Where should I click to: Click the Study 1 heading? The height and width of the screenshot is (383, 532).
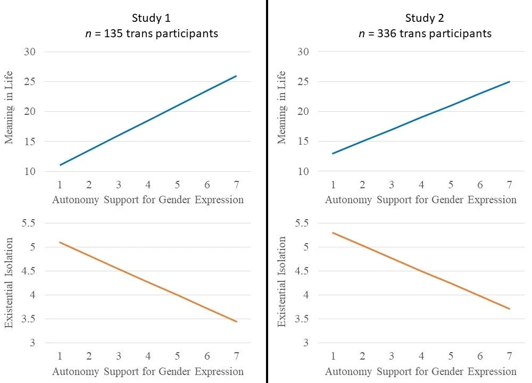coord(148,18)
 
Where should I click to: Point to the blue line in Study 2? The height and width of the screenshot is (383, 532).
coord(421,116)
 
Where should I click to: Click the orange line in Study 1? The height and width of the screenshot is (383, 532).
coord(148,281)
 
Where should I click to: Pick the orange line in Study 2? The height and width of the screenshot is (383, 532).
coord(421,271)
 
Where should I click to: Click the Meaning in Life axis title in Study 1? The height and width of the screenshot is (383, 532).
coord(10,108)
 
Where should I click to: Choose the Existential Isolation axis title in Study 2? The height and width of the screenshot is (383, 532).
coord(282,281)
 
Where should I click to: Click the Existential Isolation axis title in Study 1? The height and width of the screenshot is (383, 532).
coord(10,281)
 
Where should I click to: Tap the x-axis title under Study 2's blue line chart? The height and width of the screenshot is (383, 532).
coord(421,200)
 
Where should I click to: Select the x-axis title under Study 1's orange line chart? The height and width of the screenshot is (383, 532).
coord(148,371)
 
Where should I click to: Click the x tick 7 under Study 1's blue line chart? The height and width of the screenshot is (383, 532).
coord(236,185)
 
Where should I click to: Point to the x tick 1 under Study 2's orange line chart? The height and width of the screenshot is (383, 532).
coord(333,356)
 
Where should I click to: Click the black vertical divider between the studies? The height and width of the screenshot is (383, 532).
coord(267,191)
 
